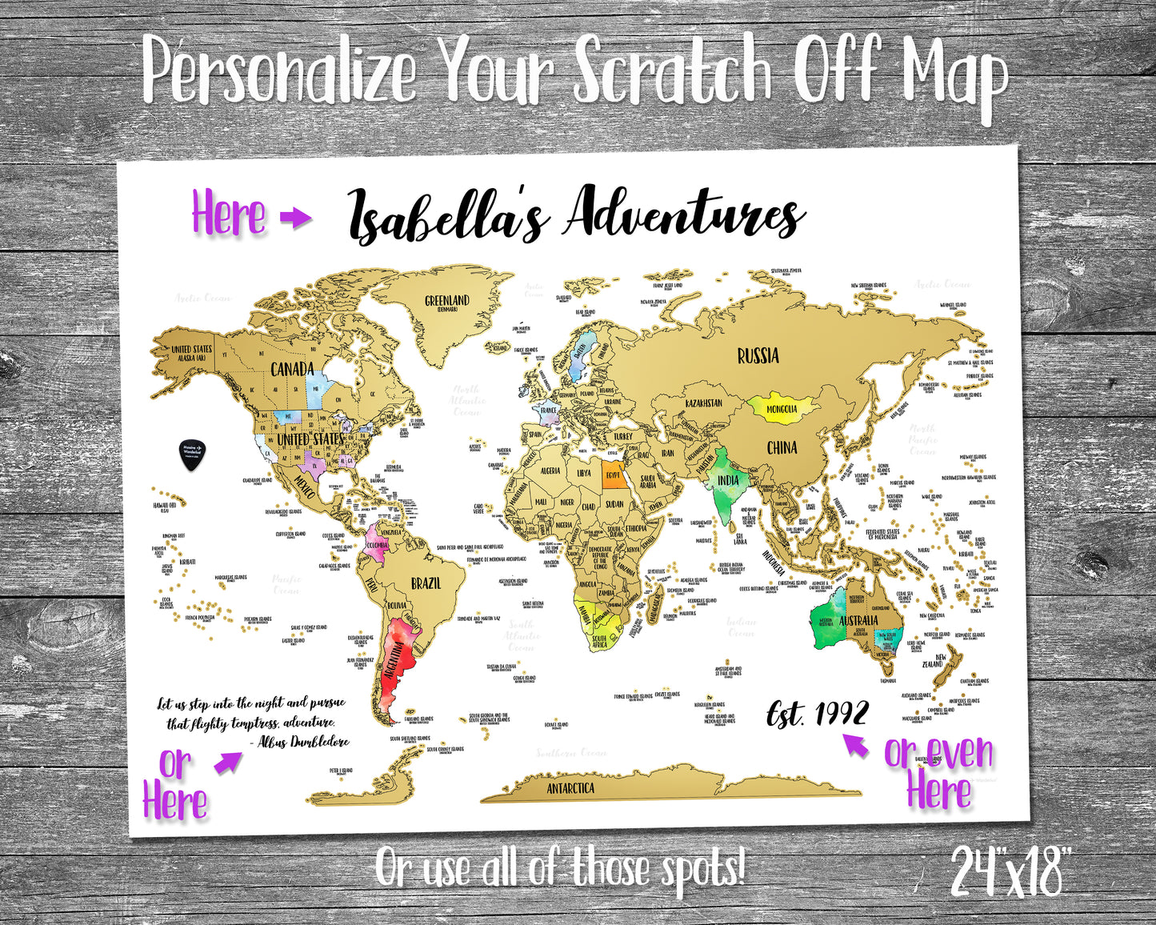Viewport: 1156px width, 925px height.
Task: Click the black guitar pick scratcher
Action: [x=191, y=454]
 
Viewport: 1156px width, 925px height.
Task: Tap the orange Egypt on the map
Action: [x=613, y=474]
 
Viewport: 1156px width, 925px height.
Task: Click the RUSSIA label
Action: [x=758, y=355]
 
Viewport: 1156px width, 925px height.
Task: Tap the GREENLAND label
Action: [x=446, y=302]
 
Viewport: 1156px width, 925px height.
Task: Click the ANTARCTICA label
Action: [x=570, y=788]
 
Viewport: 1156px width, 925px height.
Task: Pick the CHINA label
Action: [x=782, y=447]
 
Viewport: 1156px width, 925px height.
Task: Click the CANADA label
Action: [x=292, y=369]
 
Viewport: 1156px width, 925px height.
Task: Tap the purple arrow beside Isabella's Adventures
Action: [x=295, y=217]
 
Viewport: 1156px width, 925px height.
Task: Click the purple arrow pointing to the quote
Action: [x=227, y=763]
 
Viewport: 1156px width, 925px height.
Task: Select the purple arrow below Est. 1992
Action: [x=856, y=746]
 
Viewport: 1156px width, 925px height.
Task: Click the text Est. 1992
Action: [x=817, y=711]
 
